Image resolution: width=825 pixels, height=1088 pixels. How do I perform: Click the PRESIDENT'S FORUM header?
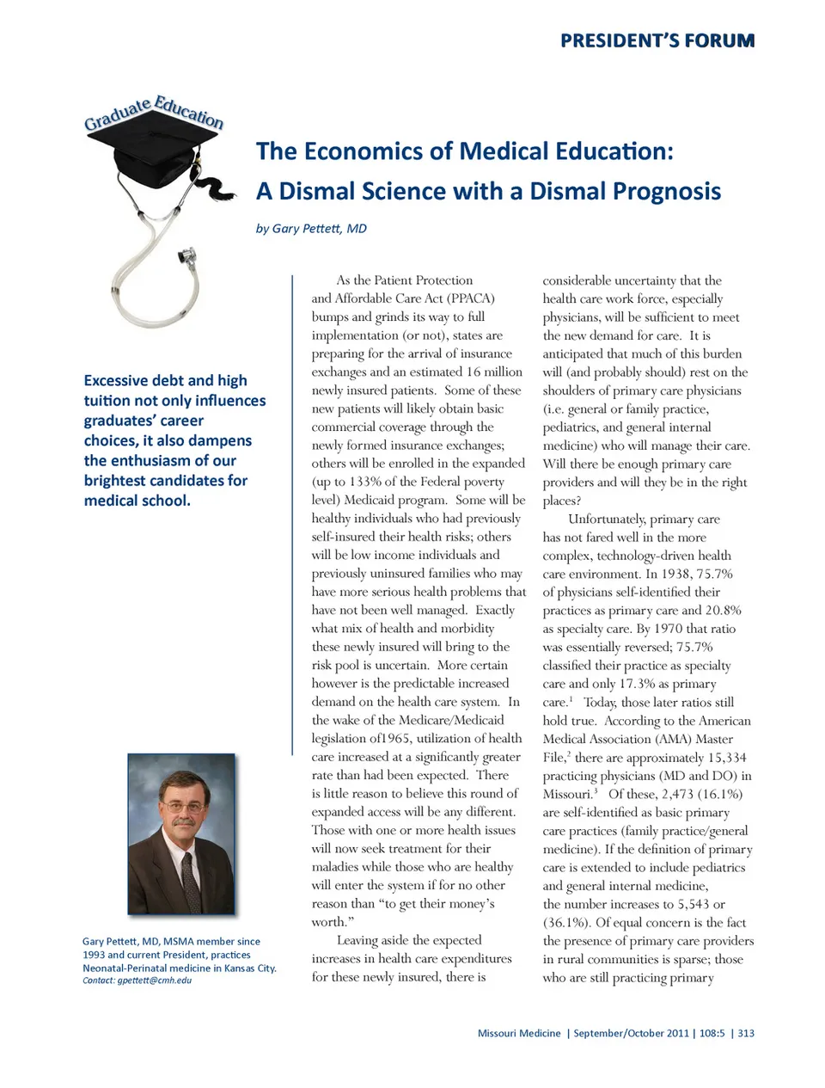point(657,40)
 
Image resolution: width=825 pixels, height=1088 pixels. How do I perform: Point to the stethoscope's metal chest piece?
point(186,255)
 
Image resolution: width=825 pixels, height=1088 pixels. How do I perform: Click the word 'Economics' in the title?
point(376,151)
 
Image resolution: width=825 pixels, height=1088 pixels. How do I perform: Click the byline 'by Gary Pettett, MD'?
point(311,229)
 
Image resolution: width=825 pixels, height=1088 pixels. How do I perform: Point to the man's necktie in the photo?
point(191,881)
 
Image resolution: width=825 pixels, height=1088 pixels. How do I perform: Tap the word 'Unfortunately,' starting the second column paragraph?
point(606,519)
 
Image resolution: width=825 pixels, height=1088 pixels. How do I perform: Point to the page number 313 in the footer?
point(746,1033)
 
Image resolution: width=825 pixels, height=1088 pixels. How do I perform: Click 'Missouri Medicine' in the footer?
point(519,1033)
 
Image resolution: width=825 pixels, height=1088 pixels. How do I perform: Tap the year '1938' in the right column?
point(678,574)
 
